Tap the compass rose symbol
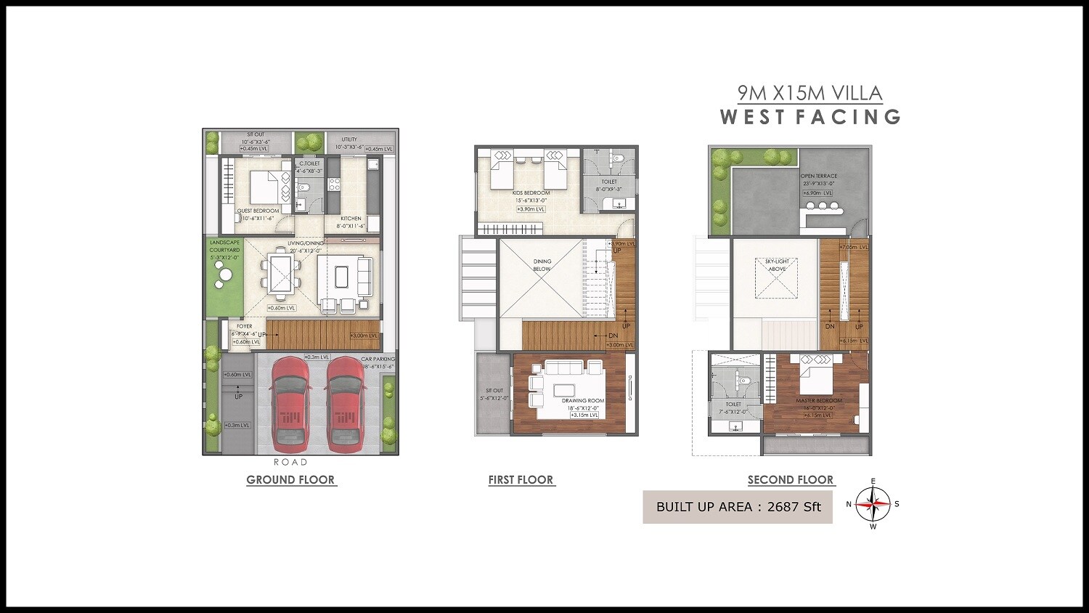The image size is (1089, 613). (873, 503)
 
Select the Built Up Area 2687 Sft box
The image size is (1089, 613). (738, 507)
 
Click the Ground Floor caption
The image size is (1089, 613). (290, 479)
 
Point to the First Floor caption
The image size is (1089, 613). (521, 479)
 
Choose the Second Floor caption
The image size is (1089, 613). (791, 479)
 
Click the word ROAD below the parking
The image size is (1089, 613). (290, 462)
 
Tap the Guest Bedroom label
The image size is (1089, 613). (258, 211)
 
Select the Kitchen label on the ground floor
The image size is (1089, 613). (351, 218)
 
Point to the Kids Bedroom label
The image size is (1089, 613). (531, 193)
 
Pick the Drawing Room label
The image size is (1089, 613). (583, 400)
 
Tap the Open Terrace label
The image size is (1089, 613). (819, 176)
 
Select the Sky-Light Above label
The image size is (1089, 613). (776, 264)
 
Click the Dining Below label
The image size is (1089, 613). (542, 264)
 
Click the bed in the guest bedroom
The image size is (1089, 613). (265, 187)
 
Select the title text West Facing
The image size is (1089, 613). (810, 116)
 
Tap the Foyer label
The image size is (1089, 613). (245, 326)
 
